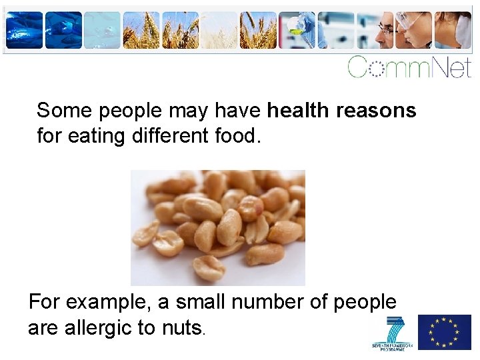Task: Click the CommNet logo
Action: tap(409, 67)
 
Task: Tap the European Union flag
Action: tap(444, 332)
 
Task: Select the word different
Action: tap(169, 137)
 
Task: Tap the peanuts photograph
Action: tap(217, 227)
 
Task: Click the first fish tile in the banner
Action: tap(25, 31)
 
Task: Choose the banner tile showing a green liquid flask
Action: tap(297, 31)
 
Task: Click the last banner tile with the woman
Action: tap(453, 31)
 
